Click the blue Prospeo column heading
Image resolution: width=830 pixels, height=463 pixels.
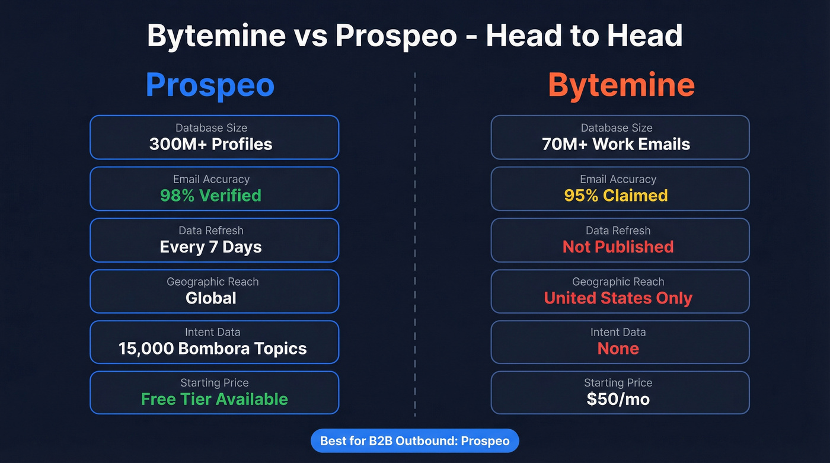(210, 85)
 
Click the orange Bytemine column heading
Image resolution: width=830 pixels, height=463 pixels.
(621, 85)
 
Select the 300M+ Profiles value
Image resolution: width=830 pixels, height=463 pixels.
(210, 144)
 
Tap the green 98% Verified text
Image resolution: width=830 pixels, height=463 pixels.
(210, 196)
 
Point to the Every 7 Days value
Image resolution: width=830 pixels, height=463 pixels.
(210, 247)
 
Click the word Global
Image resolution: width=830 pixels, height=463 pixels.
(210, 298)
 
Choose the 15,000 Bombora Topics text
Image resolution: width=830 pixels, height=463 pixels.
(212, 348)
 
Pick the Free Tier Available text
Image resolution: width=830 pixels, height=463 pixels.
(214, 399)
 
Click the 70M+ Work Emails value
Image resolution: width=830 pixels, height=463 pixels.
(616, 144)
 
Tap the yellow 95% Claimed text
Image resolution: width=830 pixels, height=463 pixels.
(616, 196)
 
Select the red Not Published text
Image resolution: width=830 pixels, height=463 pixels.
(618, 247)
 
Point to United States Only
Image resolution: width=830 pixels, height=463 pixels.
(618, 298)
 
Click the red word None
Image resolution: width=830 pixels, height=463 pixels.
(618, 348)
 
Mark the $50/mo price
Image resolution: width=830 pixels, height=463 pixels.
(618, 399)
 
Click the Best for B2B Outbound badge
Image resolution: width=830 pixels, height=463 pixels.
(414, 441)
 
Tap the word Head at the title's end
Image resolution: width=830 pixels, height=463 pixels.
(648, 36)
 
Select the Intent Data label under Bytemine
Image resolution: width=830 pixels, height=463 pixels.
(618, 332)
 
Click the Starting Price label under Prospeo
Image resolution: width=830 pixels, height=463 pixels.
(214, 383)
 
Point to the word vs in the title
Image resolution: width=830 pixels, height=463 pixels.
(310, 36)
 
